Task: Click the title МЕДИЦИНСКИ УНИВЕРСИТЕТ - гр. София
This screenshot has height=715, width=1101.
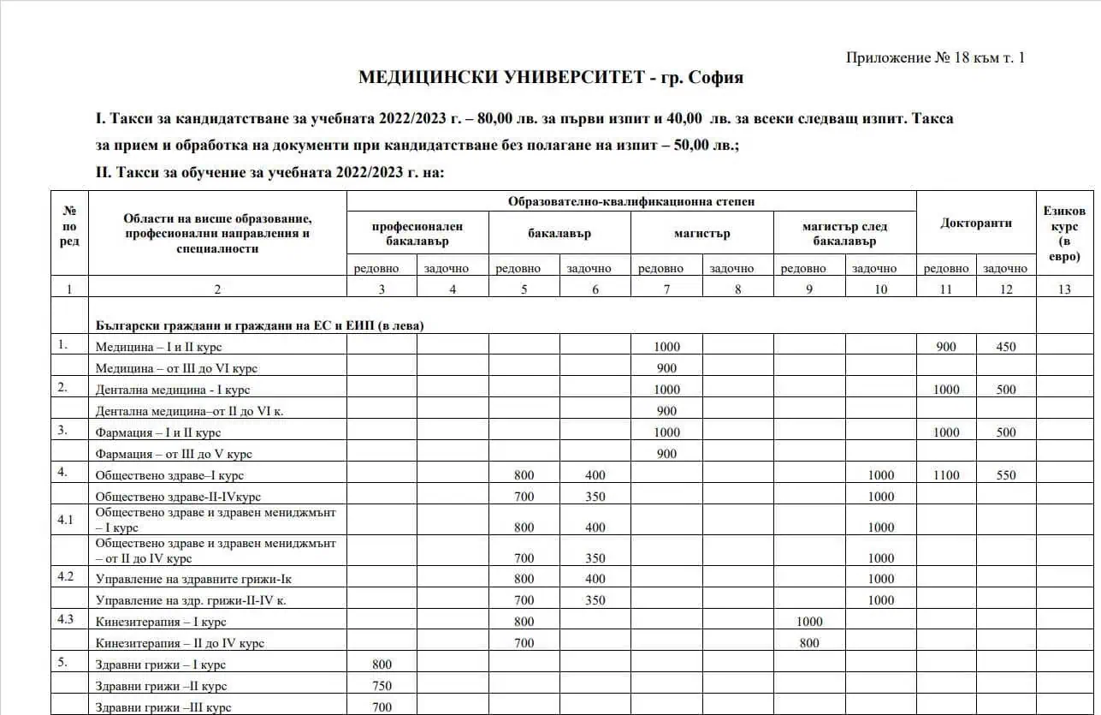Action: click(x=550, y=78)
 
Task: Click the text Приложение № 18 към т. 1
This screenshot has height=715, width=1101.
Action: click(x=935, y=58)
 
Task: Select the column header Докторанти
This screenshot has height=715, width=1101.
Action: click(x=975, y=223)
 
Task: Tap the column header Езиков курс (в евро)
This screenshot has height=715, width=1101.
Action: click(x=1064, y=233)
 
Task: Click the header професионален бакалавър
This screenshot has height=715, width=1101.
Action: click(x=417, y=234)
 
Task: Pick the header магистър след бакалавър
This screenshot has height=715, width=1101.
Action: click(x=844, y=234)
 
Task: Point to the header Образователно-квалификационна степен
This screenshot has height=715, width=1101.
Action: click(x=630, y=202)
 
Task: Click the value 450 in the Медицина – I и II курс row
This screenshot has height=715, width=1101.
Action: click(x=1006, y=347)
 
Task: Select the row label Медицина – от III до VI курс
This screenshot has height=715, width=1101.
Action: click(x=176, y=368)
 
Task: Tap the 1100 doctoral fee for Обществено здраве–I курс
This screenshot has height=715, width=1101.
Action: click(x=946, y=475)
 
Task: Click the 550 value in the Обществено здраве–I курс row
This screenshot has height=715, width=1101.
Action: click(x=1006, y=475)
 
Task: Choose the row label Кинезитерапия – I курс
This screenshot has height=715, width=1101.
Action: click(x=161, y=622)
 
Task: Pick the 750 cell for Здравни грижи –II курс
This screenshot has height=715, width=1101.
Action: click(x=382, y=686)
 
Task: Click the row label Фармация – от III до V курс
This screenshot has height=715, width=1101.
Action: click(x=174, y=454)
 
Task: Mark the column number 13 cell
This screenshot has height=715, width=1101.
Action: click(x=1064, y=289)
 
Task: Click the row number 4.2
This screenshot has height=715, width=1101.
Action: click(x=66, y=576)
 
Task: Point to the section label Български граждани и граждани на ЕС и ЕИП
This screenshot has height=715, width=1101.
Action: click(x=260, y=325)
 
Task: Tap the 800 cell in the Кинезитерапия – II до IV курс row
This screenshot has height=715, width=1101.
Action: click(x=808, y=643)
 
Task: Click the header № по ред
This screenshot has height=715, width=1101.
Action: click(x=70, y=226)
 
